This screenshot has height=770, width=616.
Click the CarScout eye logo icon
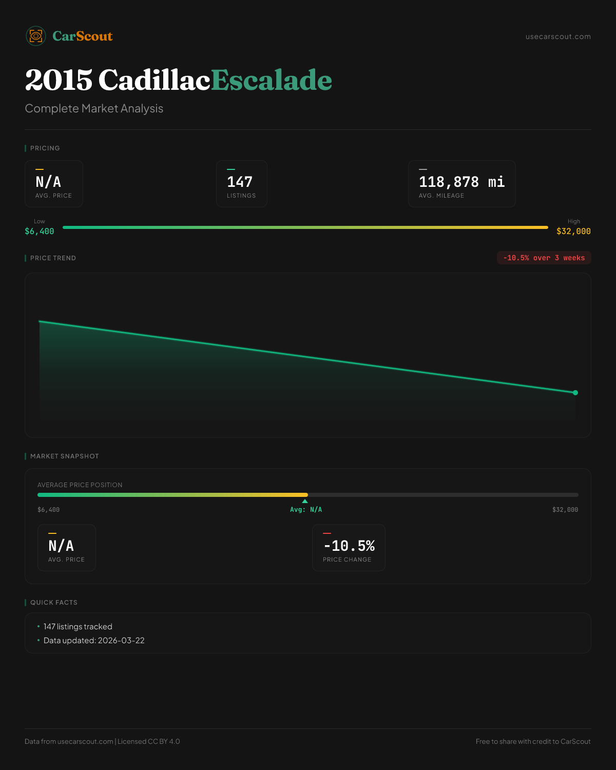(x=36, y=36)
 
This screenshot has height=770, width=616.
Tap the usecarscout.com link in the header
(x=558, y=36)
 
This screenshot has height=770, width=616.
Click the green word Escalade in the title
(x=271, y=80)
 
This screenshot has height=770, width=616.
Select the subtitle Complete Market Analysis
(x=94, y=109)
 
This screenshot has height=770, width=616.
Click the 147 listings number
(x=240, y=182)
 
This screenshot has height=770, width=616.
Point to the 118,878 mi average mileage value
(x=461, y=182)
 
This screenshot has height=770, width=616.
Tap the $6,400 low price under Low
(x=40, y=232)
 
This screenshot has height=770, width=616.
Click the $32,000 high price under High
(x=573, y=232)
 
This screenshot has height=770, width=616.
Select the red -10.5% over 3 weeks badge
(x=544, y=258)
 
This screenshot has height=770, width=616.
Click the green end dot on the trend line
(x=575, y=393)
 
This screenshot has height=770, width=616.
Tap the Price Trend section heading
(x=53, y=258)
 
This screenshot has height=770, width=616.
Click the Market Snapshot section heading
(x=64, y=456)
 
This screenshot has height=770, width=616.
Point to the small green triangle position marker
(x=305, y=501)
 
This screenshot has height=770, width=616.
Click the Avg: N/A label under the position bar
(x=306, y=510)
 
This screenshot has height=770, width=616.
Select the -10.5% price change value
(x=349, y=546)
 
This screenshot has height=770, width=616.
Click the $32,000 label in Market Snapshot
(x=565, y=510)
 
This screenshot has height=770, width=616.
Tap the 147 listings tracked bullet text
(x=78, y=627)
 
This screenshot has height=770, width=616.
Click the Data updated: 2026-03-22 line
(x=94, y=641)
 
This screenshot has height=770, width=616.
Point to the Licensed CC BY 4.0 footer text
(x=149, y=741)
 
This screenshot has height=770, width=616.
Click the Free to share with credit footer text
(x=533, y=741)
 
